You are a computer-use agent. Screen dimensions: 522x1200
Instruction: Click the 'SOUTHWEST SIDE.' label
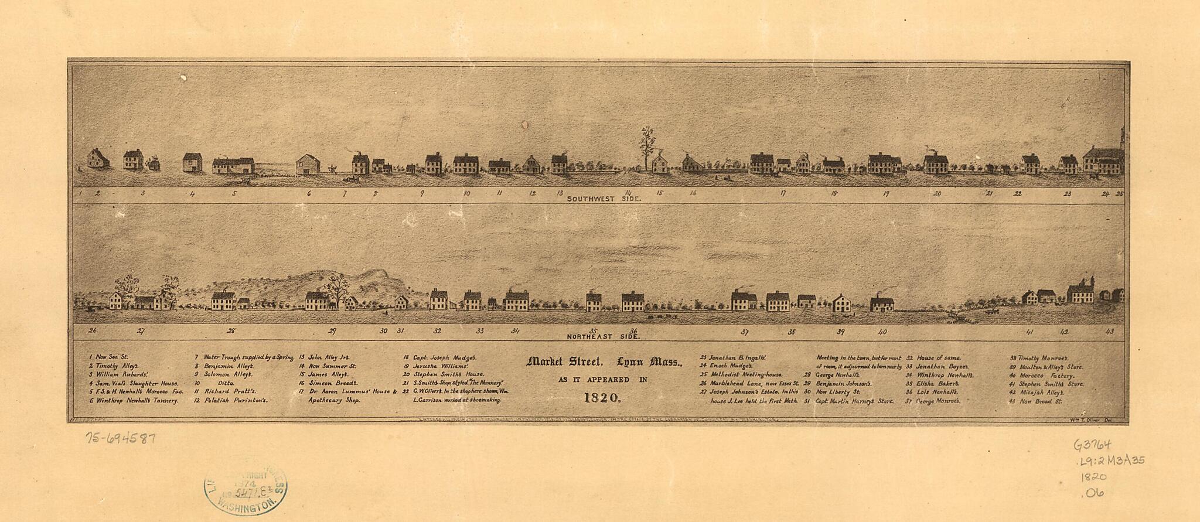tap(604, 199)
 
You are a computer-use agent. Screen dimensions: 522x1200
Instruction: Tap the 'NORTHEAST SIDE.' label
tap(604, 337)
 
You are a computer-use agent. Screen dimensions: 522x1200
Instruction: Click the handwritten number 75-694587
tap(120, 437)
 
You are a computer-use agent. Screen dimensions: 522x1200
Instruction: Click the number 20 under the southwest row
tap(937, 193)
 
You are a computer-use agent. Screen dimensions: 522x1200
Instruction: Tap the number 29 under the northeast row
tap(332, 331)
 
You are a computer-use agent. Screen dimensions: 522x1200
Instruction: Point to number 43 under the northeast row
tap(1109, 332)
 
